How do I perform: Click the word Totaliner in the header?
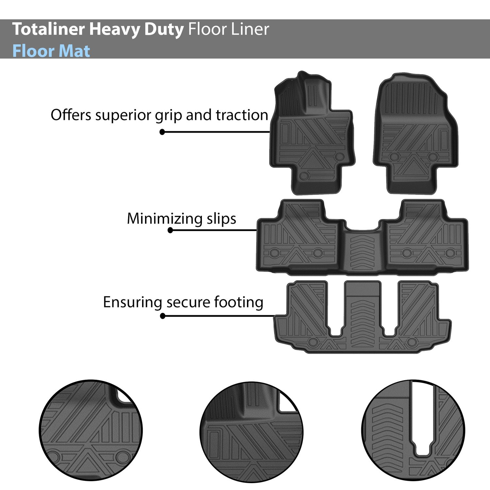(x=49, y=29)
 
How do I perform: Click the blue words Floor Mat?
(x=51, y=51)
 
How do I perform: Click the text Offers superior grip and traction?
(x=159, y=115)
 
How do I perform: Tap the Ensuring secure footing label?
(x=183, y=302)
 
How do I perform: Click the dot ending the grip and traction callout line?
(x=162, y=132)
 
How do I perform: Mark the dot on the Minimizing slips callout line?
(x=170, y=230)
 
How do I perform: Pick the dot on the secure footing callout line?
(x=163, y=316)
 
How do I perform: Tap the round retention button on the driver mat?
(x=304, y=175)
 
